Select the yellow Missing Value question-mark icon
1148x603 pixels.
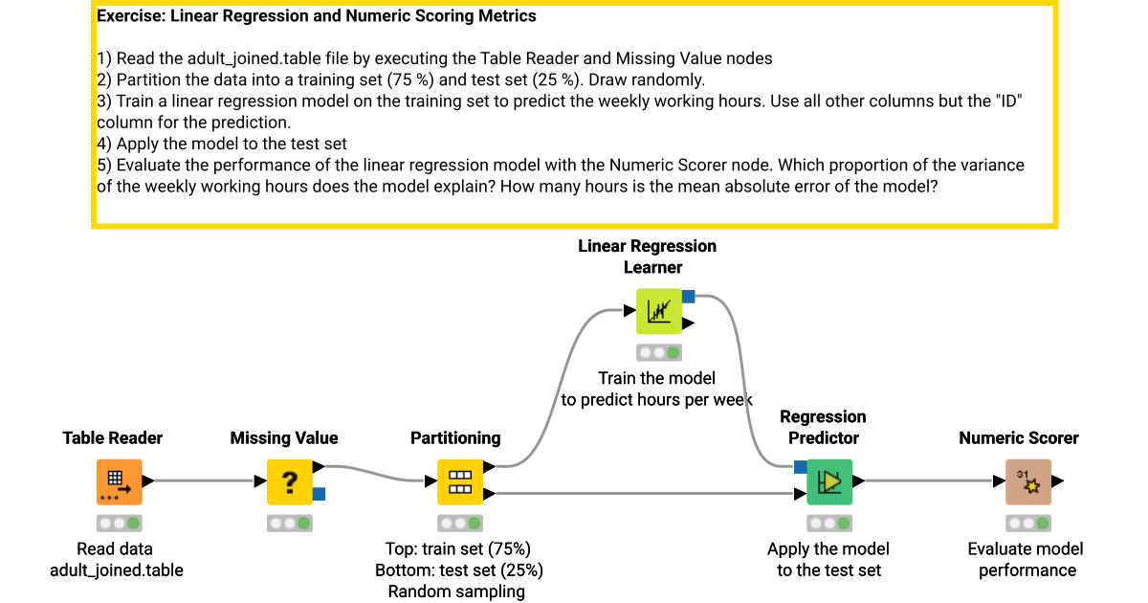point(289,481)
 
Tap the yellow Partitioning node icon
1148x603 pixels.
point(460,481)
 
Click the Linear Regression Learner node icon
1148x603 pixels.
point(659,311)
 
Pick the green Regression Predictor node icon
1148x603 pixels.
point(829,481)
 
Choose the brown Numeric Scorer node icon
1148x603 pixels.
point(1027,481)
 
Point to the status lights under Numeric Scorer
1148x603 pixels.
point(1027,524)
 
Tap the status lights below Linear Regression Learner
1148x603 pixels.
point(659,353)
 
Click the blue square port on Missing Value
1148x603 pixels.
point(320,494)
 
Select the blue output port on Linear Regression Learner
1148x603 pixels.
point(688,297)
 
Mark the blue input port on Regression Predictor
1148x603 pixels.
point(800,467)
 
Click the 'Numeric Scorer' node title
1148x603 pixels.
point(1018,438)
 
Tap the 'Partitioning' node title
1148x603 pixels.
point(455,438)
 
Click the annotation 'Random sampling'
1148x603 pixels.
point(456,592)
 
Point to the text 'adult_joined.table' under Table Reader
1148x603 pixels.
point(116,570)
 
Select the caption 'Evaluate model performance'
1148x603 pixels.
point(1027,560)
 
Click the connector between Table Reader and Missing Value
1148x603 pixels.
point(202,481)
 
